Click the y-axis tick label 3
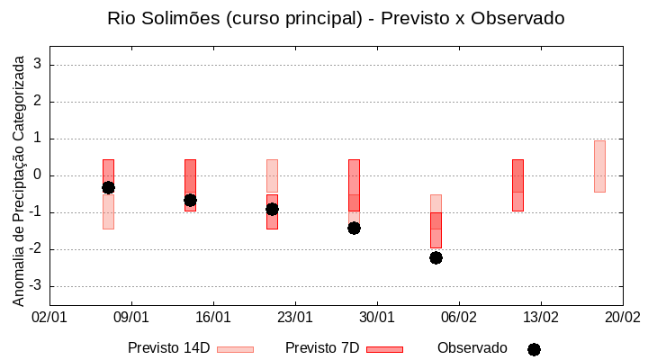pyautogui.click(x=38, y=65)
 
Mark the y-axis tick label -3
pyautogui.click(x=35, y=286)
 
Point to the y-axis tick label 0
pyautogui.click(x=38, y=175)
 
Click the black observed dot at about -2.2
pyautogui.click(x=436, y=257)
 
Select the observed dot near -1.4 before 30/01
pyautogui.click(x=354, y=228)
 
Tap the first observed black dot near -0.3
pyautogui.click(x=108, y=187)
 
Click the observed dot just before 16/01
pyautogui.click(x=190, y=200)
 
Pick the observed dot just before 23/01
pyautogui.click(x=272, y=209)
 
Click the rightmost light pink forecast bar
pyautogui.click(x=599, y=166)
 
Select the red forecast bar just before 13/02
pyautogui.click(x=517, y=185)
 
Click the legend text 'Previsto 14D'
pyautogui.click(x=168, y=348)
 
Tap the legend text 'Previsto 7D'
pyautogui.click(x=322, y=348)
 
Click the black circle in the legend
pyautogui.click(x=534, y=349)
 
